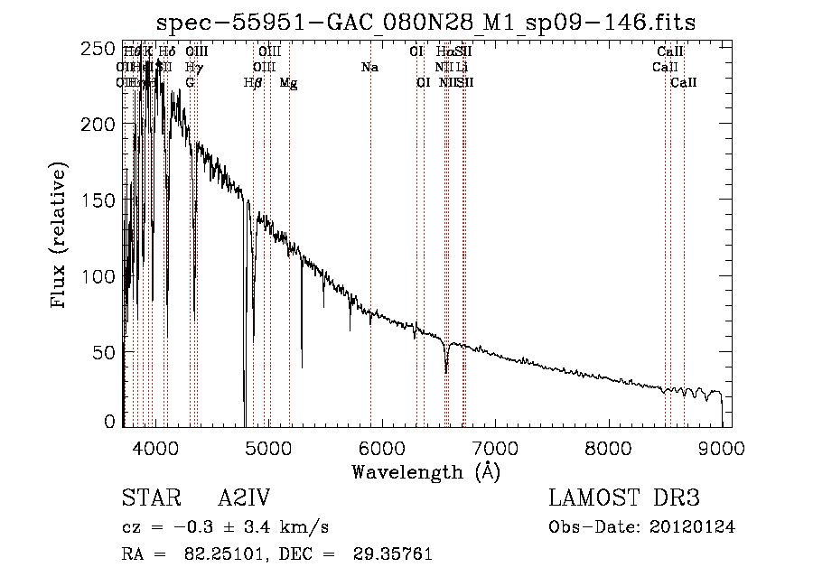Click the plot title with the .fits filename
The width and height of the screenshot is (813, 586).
click(426, 22)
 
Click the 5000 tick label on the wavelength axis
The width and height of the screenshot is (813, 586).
click(267, 449)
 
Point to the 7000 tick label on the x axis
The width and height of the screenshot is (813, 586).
click(495, 449)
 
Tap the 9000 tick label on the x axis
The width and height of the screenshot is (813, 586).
click(722, 449)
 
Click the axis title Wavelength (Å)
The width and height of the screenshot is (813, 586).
click(425, 471)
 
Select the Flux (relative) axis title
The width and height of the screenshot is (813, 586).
click(61, 237)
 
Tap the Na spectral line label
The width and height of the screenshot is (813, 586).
click(369, 67)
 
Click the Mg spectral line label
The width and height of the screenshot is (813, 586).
click(288, 82)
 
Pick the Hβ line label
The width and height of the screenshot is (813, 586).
click(253, 82)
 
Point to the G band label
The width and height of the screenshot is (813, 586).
click(190, 82)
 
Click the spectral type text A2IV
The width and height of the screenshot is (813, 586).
click(244, 499)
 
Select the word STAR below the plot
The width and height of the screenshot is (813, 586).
click(148, 499)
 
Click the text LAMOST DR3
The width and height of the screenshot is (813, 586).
click(624, 499)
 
